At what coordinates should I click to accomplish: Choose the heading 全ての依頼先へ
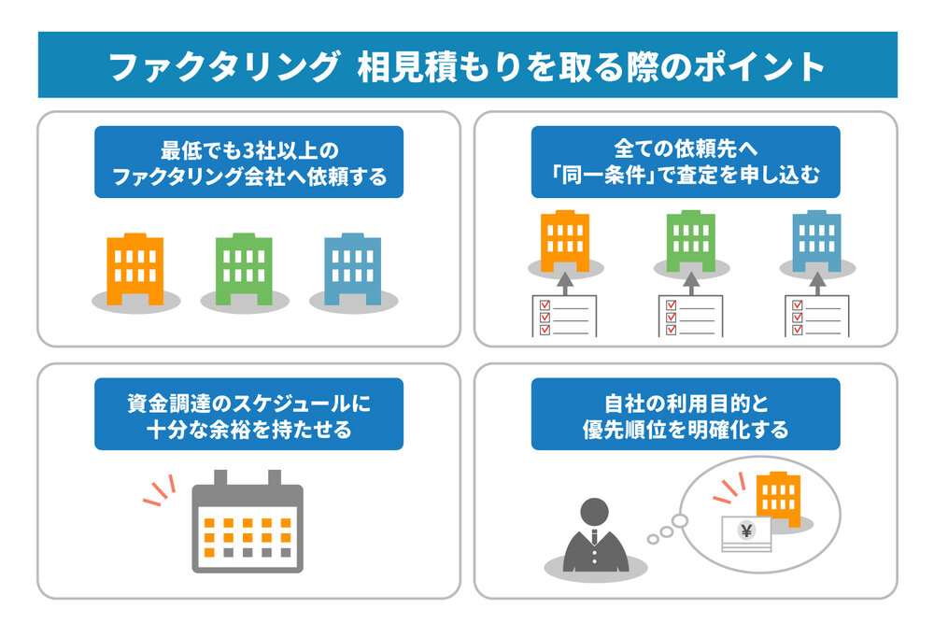pyautogui.click(x=685, y=149)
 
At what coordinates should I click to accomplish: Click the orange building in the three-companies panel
pyautogui.click(x=135, y=269)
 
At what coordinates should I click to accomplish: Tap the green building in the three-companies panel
pyautogui.click(x=244, y=269)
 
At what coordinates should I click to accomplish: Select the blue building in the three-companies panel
pyautogui.click(x=352, y=269)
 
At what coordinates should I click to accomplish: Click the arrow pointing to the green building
pyautogui.click(x=690, y=282)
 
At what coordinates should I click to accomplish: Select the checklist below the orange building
pyautogui.click(x=563, y=316)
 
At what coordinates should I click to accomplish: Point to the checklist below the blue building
pyautogui.click(x=816, y=316)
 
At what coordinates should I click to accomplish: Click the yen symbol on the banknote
pyautogui.click(x=745, y=531)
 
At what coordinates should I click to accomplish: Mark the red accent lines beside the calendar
pyautogui.click(x=160, y=489)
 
